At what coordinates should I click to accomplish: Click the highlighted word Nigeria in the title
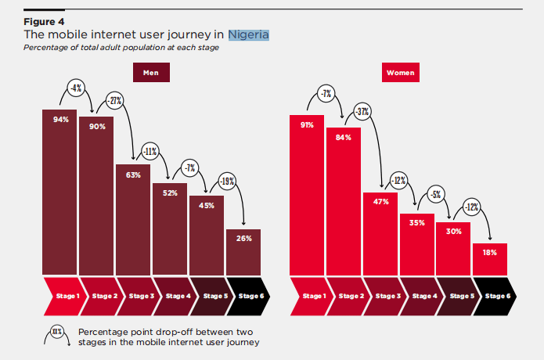(x=248, y=34)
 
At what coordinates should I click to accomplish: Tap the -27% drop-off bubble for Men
(x=115, y=102)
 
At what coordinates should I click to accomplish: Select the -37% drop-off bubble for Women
(x=362, y=111)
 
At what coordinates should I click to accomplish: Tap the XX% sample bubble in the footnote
(x=57, y=332)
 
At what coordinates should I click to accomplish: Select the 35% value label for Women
(x=417, y=222)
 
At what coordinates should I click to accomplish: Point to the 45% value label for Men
(x=207, y=206)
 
